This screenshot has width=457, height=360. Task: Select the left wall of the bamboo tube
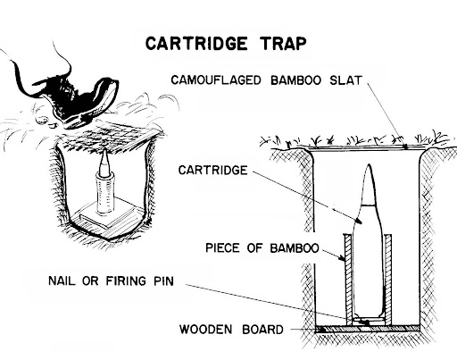pyautogui.click(x=347, y=277)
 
